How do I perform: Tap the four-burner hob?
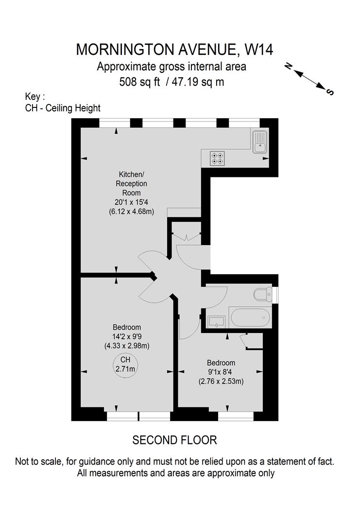click(x=217, y=158)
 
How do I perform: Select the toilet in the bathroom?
click(x=263, y=295)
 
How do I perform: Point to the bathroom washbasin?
click(x=215, y=321)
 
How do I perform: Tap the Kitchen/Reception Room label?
click(x=131, y=183)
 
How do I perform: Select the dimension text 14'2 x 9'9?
click(x=126, y=336)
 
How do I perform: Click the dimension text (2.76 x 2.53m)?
click(x=221, y=381)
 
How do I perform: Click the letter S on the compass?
click(x=330, y=92)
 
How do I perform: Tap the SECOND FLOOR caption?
click(x=174, y=440)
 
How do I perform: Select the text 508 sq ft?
click(x=139, y=82)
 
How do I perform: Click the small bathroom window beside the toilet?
click(x=275, y=295)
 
